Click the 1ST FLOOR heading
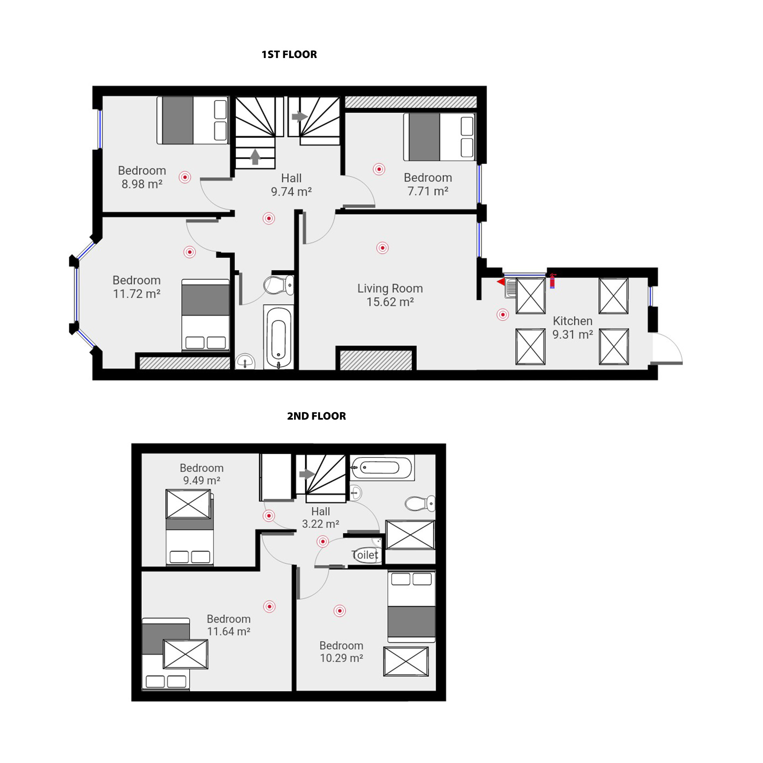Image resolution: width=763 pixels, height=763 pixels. click(x=289, y=54)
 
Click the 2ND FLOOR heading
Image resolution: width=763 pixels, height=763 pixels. click(x=316, y=416)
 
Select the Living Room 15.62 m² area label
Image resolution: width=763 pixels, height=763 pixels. click(x=390, y=295)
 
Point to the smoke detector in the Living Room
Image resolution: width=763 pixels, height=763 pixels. click(x=382, y=248)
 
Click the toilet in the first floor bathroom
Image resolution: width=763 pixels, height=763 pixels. click(x=278, y=285)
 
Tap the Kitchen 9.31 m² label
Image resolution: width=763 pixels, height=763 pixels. click(x=572, y=327)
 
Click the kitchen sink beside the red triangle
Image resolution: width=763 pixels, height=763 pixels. click(x=511, y=287)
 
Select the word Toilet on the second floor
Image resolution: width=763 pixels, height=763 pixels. click(x=365, y=555)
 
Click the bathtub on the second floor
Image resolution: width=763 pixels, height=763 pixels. click(x=381, y=468)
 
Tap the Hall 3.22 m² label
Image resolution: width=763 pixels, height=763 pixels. click(x=320, y=517)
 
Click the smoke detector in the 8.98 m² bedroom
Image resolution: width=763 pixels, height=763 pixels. click(x=185, y=177)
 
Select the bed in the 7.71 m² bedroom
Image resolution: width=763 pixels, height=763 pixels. click(x=439, y=137)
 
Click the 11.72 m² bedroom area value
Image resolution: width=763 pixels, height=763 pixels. click(x=137, y=294)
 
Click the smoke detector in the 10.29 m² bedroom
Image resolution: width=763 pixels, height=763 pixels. click(x=339, y=610)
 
